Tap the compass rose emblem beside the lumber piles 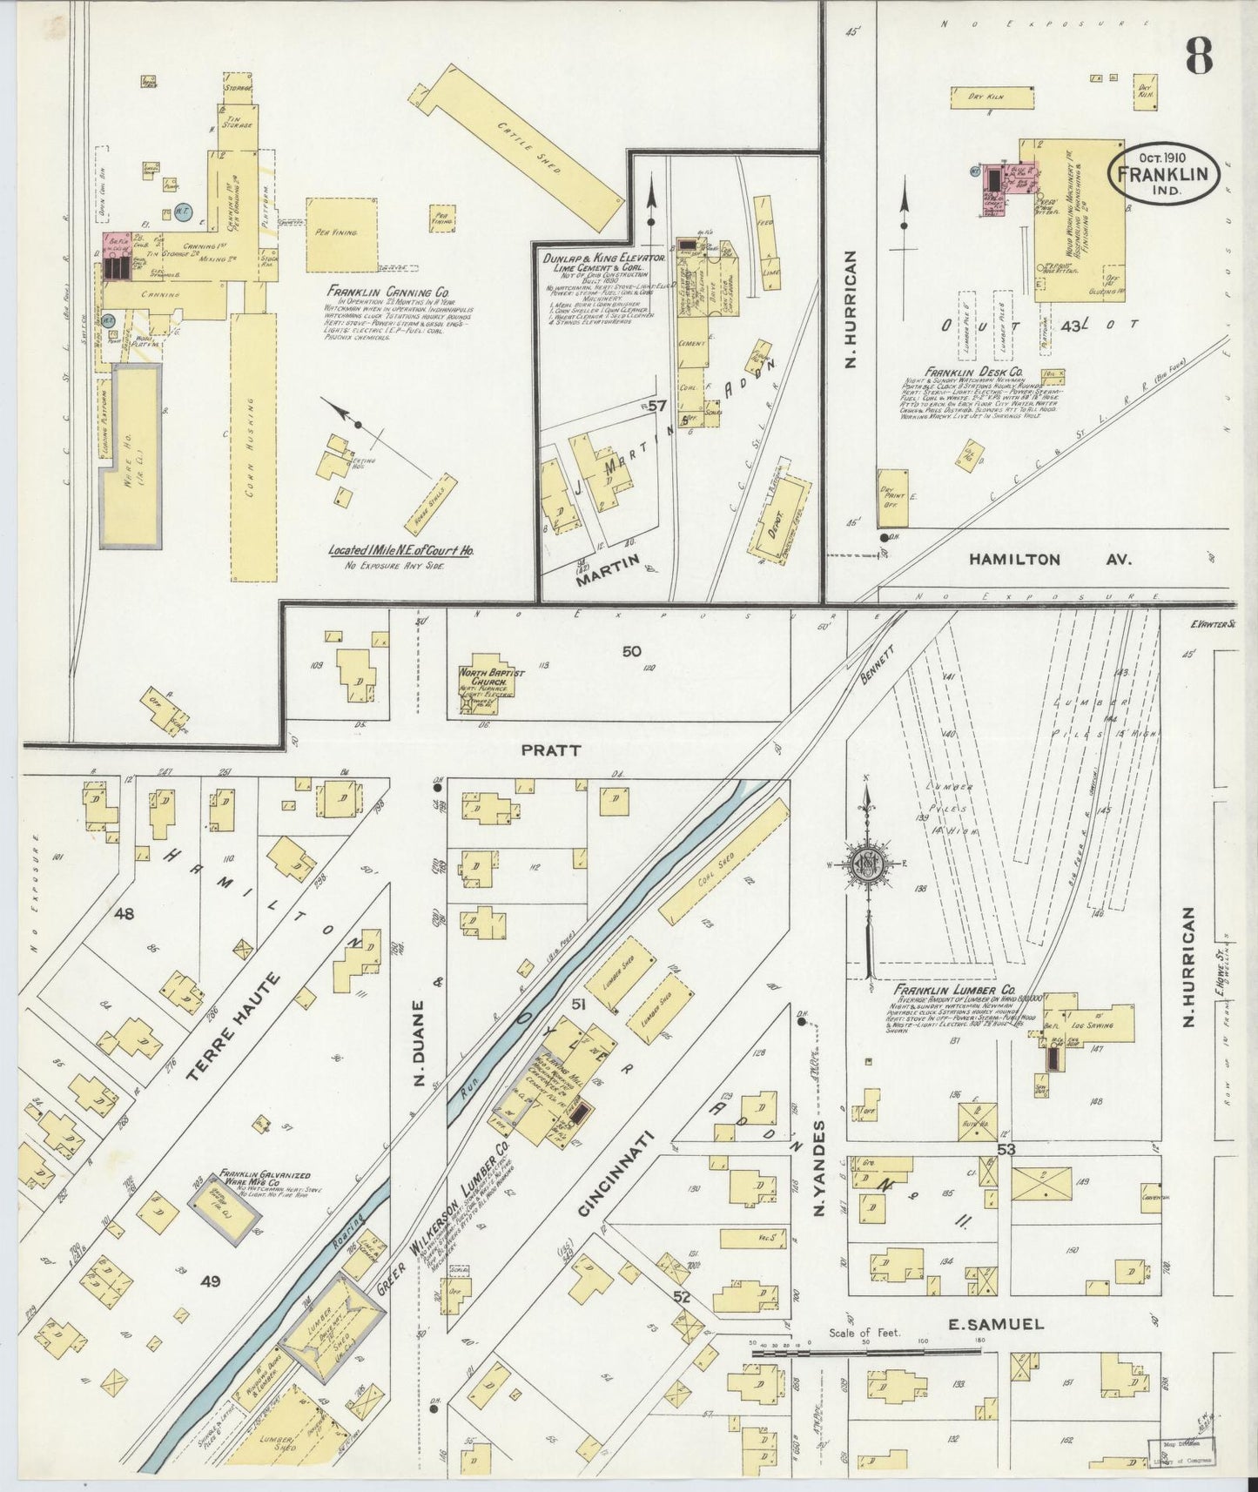point(867,865)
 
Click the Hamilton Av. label point(1050,560)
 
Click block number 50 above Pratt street point(631,650)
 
